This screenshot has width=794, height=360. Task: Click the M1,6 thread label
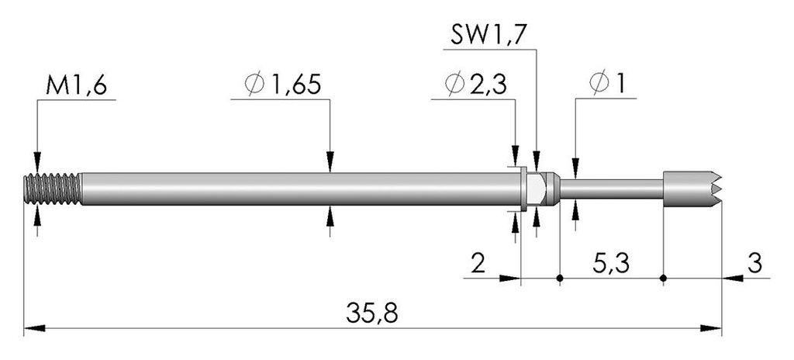[x=76, y=87]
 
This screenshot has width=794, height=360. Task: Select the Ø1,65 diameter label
[x=282, y=85]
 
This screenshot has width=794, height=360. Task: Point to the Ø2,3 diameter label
[x=475, y=85]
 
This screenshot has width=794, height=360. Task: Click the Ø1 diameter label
[x=606, y=85]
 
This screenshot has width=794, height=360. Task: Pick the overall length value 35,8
[x=372, y=313]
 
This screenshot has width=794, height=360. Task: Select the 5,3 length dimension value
[x=611, y=264]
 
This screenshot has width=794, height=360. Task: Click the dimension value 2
[x=478, y=264]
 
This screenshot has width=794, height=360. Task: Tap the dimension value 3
[x=754, y=264]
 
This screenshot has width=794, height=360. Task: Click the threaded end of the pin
[x=52, y=189]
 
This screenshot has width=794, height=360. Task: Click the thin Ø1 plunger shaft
[x=611, y=189]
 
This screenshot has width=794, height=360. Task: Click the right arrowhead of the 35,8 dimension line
[x=711, y=328]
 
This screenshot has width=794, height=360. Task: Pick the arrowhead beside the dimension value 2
[x=510, y=278]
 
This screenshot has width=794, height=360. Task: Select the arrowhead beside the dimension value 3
[x=733, y=278]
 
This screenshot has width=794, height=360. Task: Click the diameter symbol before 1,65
[x=254, y=85]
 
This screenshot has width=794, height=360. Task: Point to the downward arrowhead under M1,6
[x=37, y=162]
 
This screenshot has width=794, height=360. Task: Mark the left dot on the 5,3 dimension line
[x=560, y=278]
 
